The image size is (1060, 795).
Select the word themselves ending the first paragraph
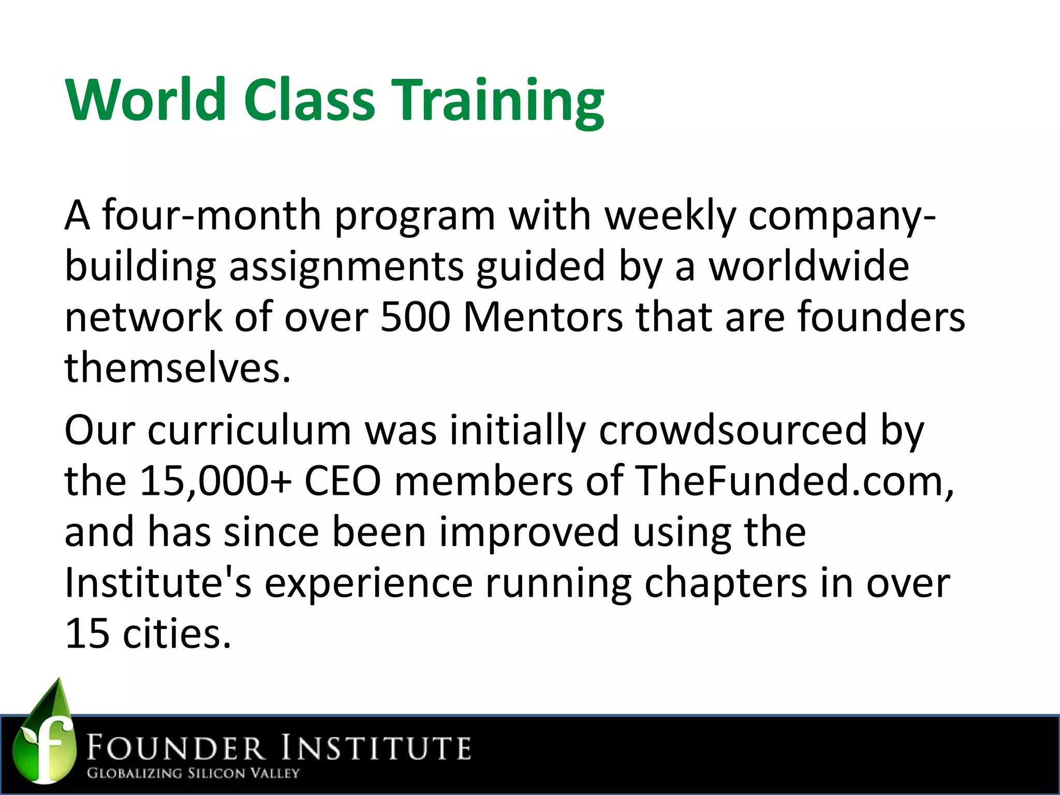click(x=177, y=367)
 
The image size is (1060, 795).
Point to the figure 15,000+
click(x=215, y=480)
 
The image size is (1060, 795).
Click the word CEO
click(x=343, y=480)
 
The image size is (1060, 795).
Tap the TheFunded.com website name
click(x=794, y=480)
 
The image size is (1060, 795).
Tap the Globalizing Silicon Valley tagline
click(x=193, y=773)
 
